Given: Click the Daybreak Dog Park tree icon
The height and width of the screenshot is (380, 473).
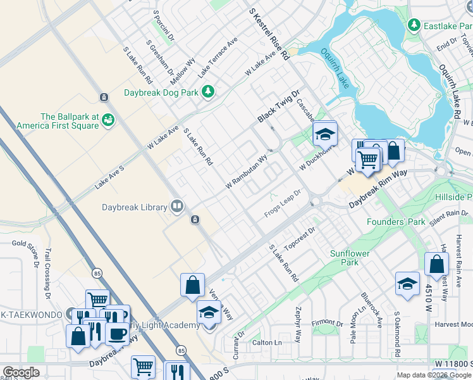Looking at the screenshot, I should tap(208, 92).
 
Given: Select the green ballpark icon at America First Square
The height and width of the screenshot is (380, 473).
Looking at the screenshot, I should tap(108, 119).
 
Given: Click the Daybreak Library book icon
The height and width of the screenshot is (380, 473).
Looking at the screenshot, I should tap(177, 206).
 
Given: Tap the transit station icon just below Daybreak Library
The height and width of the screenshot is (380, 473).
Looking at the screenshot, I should tap(195, 220).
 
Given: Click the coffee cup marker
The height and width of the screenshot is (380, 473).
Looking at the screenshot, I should tap(116, 332).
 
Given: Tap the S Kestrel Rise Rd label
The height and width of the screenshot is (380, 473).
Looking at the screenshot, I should tap(269, 34).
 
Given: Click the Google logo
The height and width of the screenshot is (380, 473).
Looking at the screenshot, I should tap(21, 372).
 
